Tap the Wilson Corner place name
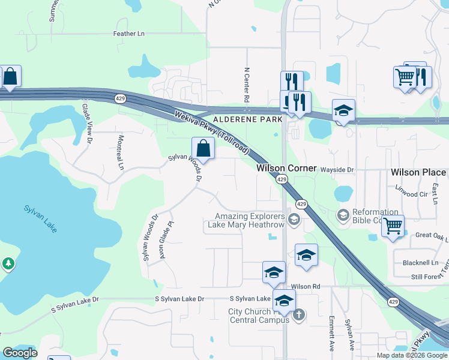click(x=286, y=168)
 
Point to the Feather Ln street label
click(x=129, y=34)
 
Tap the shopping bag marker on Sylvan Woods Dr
click(x=203, y=148)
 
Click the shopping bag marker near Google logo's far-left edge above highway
click(x=10, y=77)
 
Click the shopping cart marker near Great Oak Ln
click(x=393, y=227)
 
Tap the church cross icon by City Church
click(x=298, y=314)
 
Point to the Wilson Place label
click(x=418, y=172)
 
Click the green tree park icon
click(x=8, y=263)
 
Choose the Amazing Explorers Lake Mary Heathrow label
click(x=250, y=220)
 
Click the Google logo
click(x=20, y=353)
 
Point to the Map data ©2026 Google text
click(x=411, y=355)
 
